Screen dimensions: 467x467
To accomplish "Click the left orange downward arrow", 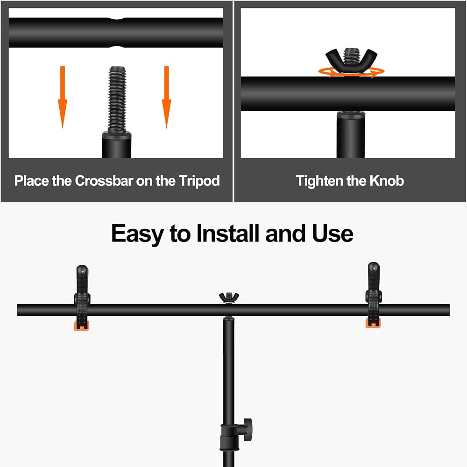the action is pos(62,97).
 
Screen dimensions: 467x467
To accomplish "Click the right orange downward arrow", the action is pos(167,97).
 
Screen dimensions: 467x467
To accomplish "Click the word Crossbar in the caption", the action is pos(104,181).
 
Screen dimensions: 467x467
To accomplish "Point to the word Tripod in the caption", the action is pos(199,181).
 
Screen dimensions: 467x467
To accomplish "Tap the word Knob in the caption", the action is pos(387,181).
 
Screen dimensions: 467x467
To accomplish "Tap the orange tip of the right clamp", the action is pos(373,323).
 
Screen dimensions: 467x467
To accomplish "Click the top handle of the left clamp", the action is pos(82,278).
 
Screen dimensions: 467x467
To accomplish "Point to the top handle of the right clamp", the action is pos(374,276).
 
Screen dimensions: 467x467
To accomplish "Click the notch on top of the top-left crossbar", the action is pos(116,19).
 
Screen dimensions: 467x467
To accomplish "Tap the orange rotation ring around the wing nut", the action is pos(351,72).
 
